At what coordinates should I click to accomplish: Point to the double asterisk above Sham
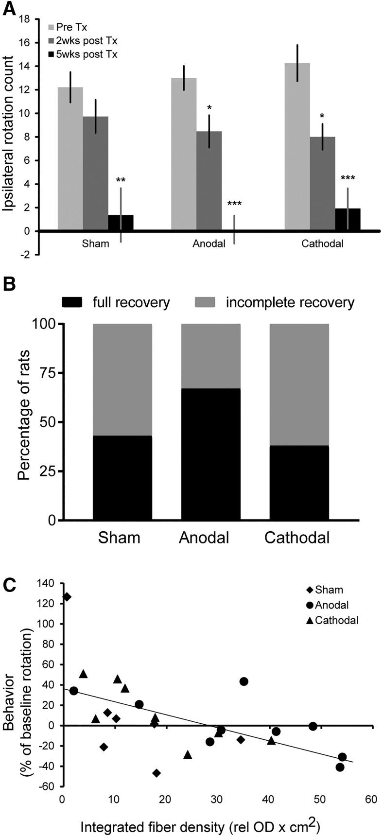coord(121,180)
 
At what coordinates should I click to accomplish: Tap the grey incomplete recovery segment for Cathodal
coord(299,384)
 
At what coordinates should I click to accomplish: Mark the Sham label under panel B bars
coord(119,538)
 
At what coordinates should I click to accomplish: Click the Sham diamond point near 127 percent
coord(67,596)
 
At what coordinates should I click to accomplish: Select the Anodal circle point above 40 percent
coord(244,681)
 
